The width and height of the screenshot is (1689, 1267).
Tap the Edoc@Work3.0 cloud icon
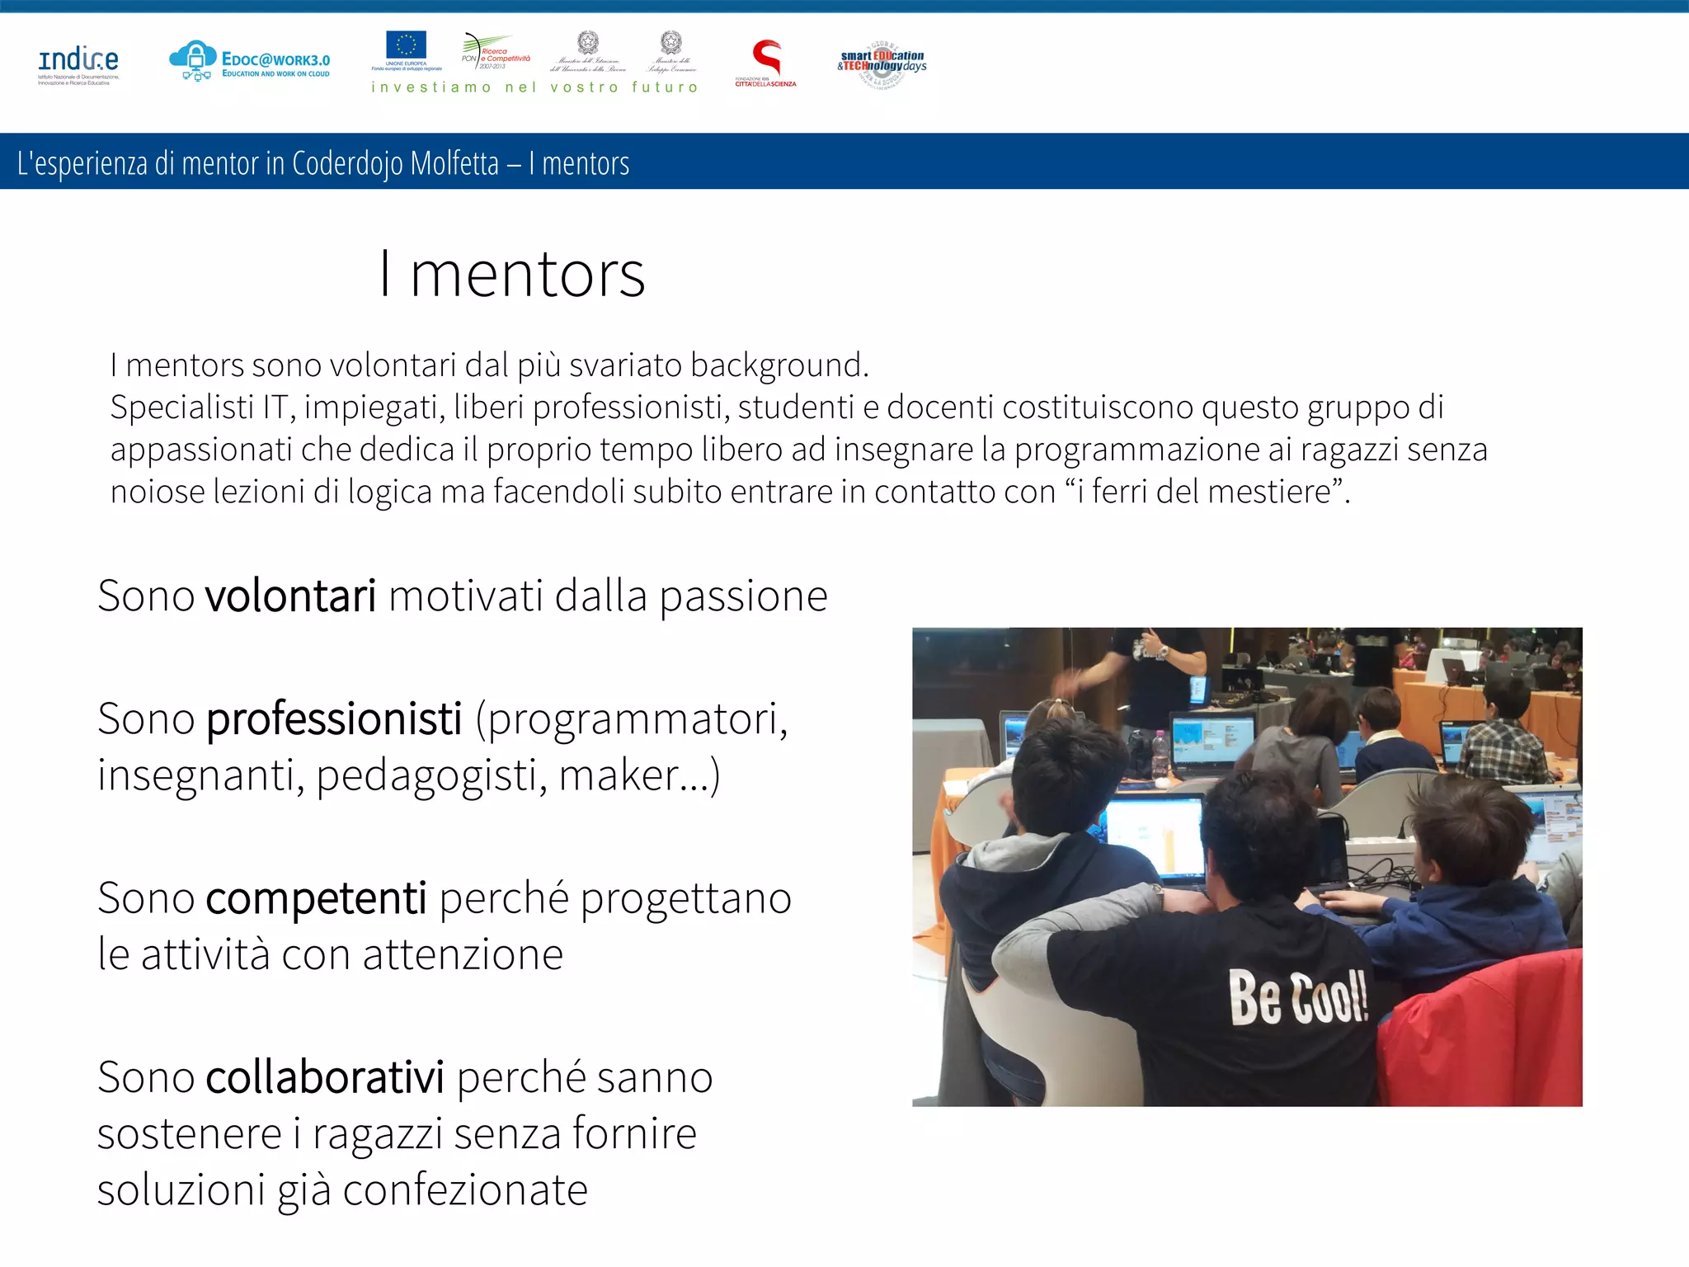(193, 60)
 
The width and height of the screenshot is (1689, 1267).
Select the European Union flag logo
(406, 46)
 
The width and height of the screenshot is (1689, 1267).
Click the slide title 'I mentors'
(511, 274)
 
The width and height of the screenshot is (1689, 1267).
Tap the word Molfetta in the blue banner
(454, 163)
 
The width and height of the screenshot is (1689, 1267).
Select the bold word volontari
(290, 596)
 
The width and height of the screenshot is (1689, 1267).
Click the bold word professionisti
(333, 718)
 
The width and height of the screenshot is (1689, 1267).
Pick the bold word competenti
(316, 897)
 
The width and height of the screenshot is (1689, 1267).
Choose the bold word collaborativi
(324, 1077)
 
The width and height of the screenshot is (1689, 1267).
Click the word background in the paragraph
(779, 365)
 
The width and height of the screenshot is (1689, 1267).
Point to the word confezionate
(465, 1190)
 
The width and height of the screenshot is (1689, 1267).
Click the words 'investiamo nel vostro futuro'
(534, 87)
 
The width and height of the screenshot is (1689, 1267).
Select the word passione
(743, 596)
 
